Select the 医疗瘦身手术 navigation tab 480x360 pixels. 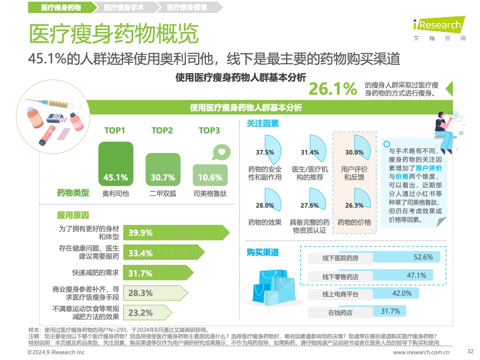pyautogui.click(x=124, y=7)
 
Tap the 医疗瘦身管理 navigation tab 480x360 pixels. pyautogui.click(x=187, y=7)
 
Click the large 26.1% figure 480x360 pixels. pyautogui.click(x=333, y=89)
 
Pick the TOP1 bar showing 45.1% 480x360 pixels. pyautogui.click(x=116, y=164)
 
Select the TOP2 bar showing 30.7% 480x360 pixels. pyautogui.click(x=163, y=169)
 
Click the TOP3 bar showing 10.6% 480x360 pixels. pyautogui.click(x=210, y=175)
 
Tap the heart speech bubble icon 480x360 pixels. pyautogui.click(x=221, y=152)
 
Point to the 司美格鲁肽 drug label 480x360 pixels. pyautogui.click(x=210, y=194)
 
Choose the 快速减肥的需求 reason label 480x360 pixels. pyautogui.click(x=95, y=273)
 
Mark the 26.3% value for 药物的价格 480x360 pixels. pyautogui.click(x=354, y=205)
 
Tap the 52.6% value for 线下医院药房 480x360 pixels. pyautogui.click(x=423, y=257)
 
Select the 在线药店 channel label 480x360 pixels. pyautogui.click(x=340, y=313)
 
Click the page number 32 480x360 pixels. pyautogui.click(x=470, y=351)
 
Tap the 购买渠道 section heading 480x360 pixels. pyautogui.click(x=262, y=252)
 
